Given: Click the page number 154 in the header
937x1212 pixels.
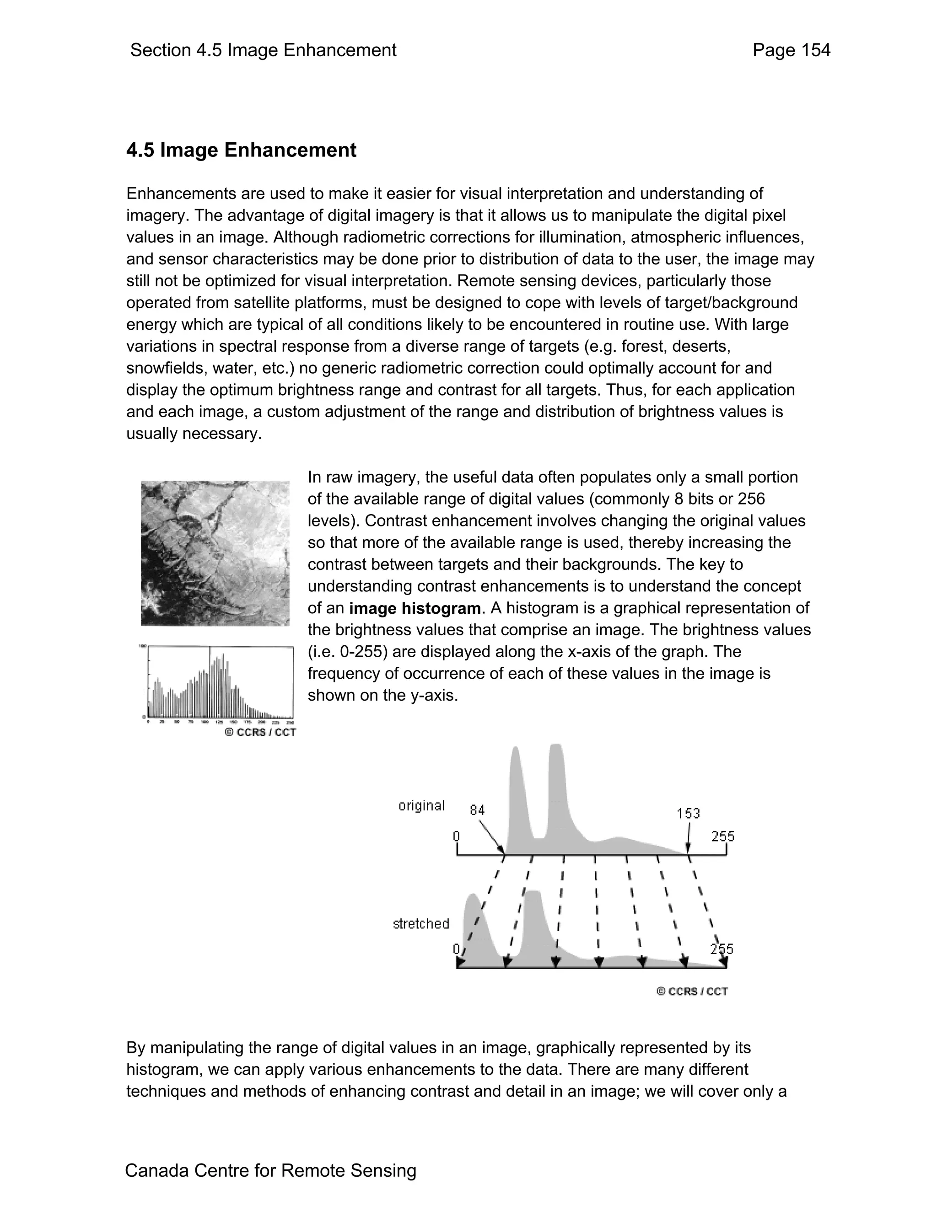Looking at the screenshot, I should [814, 50].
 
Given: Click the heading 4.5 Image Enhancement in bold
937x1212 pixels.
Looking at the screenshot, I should [241, 150].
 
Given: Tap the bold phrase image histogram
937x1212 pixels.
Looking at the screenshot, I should [414, 608].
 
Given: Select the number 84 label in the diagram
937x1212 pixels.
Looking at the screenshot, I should [477, 810].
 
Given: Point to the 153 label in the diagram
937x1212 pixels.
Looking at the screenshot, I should [688, 813].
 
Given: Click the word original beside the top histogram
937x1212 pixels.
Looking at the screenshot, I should [421, 805].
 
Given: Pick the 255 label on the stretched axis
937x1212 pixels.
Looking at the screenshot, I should [722, 949].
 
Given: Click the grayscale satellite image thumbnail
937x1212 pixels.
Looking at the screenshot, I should [215, 553].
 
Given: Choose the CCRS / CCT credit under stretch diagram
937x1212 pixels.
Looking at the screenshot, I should [692, 991].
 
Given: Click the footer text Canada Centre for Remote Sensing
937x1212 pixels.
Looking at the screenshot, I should [270, 1170].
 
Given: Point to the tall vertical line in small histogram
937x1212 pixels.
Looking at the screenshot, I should [209, 682].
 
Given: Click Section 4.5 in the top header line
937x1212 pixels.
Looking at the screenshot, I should [176, 50].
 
